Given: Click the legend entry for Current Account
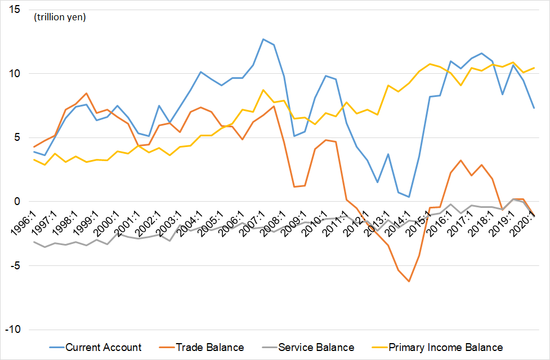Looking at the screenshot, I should [104, 347].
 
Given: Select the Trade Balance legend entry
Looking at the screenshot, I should [210, 347].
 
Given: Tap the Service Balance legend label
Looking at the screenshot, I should [316, 347].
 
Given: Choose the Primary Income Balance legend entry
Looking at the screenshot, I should [445, 347].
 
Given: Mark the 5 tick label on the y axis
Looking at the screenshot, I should [17, 137].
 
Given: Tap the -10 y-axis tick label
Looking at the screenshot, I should [12, 329].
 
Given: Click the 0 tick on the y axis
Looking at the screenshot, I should [17, 202].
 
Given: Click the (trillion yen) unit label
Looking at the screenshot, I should [60, 17].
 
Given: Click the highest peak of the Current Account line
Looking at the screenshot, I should [263, 39].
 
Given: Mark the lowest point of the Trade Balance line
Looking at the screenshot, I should [409, 281].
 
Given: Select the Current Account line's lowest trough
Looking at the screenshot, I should [409, 197].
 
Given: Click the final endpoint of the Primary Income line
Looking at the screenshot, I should [534, 68].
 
